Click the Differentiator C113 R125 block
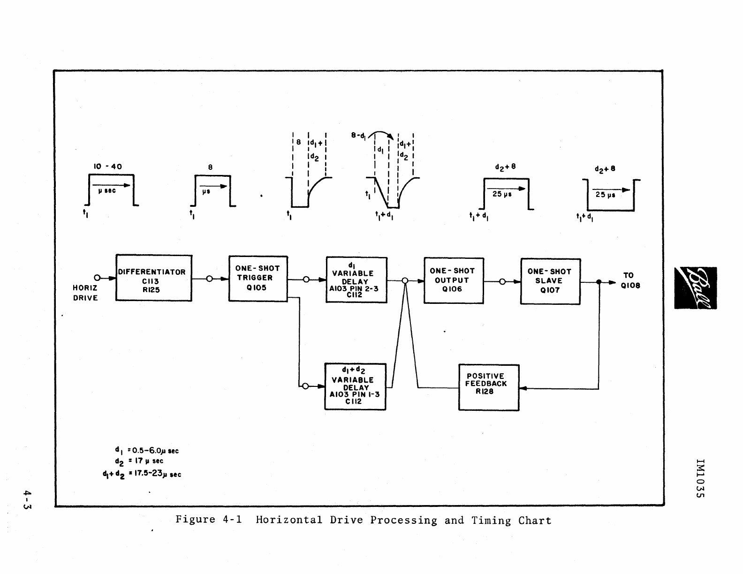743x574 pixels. click(x=154, y=278)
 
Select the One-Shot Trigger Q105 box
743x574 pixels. click(x=258, y=279)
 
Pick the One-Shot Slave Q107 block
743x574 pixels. click(x=550, y=281)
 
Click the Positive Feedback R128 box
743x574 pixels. click(x=489, y=387)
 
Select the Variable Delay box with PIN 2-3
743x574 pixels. click(x=356, y=280)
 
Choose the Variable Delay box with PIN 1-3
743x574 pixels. click(x=355, y=386)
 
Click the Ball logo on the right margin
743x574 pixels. click(x=695, y=288)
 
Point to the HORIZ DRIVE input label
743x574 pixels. click(x=85, y=293)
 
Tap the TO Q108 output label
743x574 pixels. click(x=630, y=280)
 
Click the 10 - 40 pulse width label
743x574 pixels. click(x=107, y=166)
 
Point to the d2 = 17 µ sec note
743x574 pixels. click(x=139, y=461)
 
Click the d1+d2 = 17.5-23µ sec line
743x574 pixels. click(x=142, y=474)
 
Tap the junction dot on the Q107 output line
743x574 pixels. click(x=599, y=282)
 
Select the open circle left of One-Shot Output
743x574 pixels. click(x=405, y=280)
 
